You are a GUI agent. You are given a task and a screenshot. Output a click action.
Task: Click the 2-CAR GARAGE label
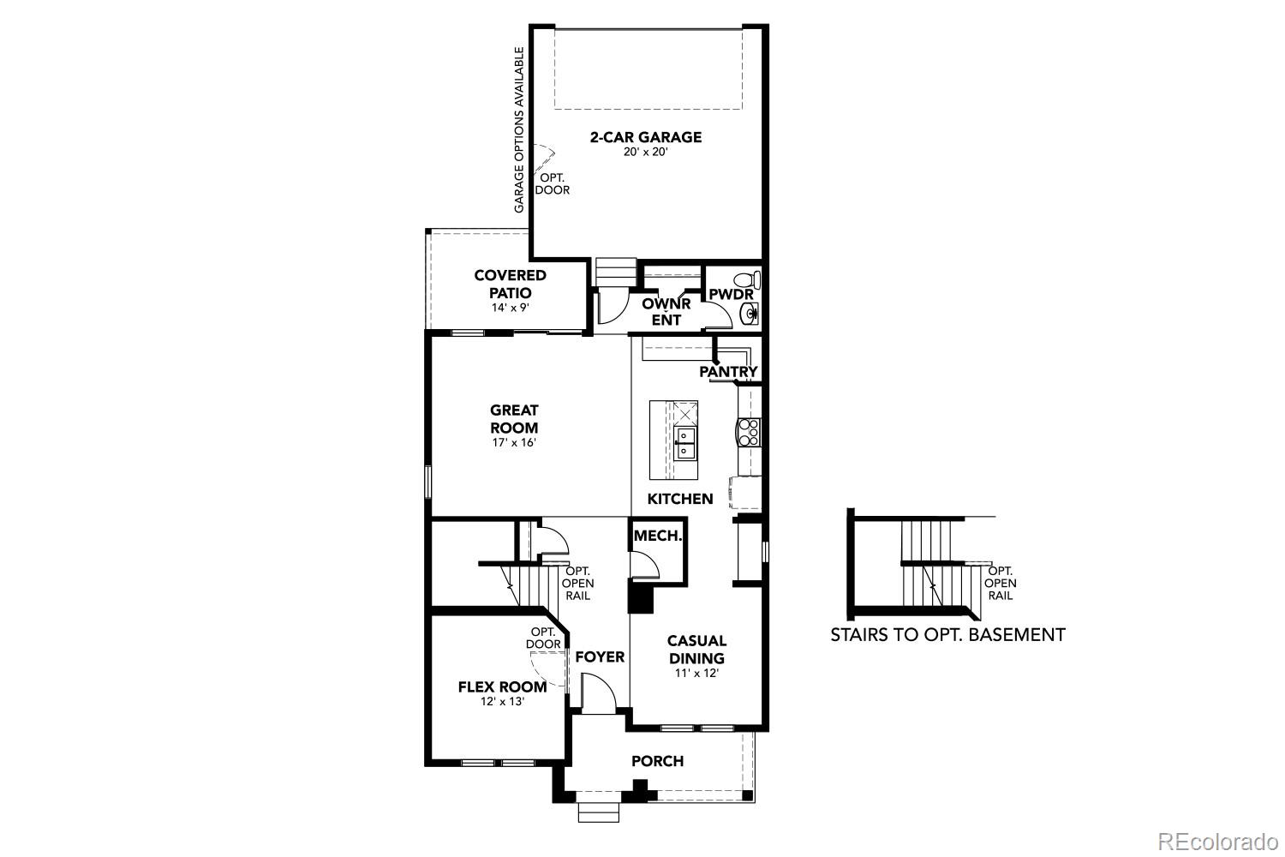click(x=645, y=137)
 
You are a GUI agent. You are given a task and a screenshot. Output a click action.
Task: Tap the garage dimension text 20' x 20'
click(x=645, y=153)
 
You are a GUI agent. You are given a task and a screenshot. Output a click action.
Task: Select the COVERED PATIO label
click(x=510, y=284)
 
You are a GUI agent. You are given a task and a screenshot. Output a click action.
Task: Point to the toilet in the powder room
click(x=751, y=280)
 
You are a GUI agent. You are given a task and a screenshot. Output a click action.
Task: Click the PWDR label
click(x=731, y=295)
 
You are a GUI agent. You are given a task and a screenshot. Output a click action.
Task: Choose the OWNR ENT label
click(x=666, y=311)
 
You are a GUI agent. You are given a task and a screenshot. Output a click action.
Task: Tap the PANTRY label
click(x=728, y=372)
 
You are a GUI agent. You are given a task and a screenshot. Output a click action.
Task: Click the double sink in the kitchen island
click(x=685, y=443)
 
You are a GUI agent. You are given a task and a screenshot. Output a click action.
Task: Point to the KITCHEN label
click(x=679, y=499)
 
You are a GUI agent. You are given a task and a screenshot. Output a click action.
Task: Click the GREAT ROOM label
click(x=514, y=419)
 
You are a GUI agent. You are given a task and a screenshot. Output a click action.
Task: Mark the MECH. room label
click(x=658, y=536)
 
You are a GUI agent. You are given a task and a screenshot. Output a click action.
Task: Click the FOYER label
click(x=600, y=657)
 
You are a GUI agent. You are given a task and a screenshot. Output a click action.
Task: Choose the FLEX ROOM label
click(x=502, y=686)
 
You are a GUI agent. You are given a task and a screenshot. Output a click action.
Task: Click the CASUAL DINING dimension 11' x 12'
click(x=696, y=674)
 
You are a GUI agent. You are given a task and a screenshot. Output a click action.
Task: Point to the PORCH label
click(x=657, y=761)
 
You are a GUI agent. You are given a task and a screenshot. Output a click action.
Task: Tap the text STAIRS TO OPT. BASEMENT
click(x=947, y=635)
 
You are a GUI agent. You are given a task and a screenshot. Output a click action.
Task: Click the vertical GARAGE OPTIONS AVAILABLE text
click(x=519, y=130)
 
